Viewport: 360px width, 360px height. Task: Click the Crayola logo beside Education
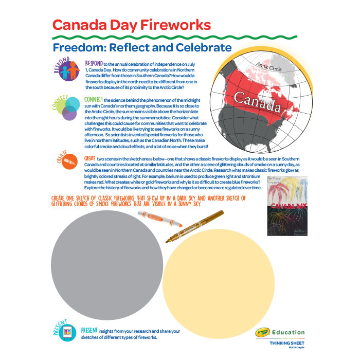(262, 332)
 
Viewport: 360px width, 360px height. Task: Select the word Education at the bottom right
(289, 332)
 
